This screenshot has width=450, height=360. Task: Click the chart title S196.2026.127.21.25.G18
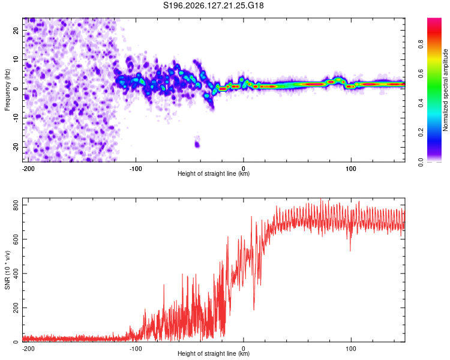coord(213,5)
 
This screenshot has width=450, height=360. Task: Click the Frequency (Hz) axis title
coord(7,89)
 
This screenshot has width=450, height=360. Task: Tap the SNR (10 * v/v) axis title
coord(7,270)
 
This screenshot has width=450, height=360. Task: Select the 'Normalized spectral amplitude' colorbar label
coord(445,90)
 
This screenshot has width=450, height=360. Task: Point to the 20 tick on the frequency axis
coord(16,30)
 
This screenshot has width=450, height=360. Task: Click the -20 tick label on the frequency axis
coord(16,147)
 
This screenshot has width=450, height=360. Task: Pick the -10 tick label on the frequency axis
coord(16,118)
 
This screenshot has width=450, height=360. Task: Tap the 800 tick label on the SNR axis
coord(16,205)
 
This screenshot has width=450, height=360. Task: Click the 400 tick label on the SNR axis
coord(16,274)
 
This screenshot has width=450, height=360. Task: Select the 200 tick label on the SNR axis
coord(16,307)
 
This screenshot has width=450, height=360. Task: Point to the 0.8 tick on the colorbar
coord(421,44)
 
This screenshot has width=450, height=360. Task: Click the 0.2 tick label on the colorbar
coord(421,133)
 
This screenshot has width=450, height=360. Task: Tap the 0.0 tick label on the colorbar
coord(421,162)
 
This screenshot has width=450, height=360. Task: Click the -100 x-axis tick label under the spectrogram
coord(136,169)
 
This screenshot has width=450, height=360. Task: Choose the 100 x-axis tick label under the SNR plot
coord(351,349)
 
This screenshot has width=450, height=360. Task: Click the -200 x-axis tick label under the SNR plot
coord(28,349)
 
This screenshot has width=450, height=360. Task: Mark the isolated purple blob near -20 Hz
coord(197,144)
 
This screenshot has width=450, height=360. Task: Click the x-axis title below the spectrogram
coord(214,173)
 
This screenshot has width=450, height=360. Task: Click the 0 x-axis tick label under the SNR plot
coord(244,349)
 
